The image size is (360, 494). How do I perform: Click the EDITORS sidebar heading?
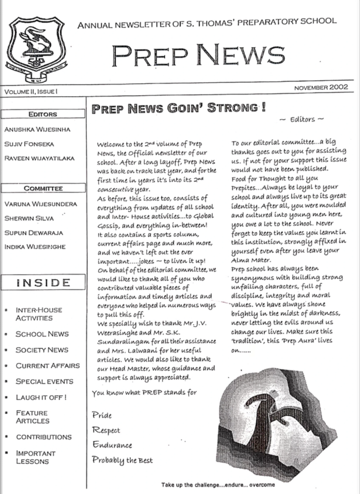[42, 114]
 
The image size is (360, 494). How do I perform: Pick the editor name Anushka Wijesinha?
[37, 130]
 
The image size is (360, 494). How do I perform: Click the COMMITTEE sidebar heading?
[42, 188]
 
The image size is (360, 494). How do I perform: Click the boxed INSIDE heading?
[43, 283]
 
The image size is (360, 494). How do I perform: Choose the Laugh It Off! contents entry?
[41, 397]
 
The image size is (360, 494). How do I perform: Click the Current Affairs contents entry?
[48, 366]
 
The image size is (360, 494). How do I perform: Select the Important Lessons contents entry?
[36, 457]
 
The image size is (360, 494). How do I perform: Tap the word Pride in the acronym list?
[102, 415]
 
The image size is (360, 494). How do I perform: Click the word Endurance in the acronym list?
[111, 445]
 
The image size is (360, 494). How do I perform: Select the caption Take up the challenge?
[218, 485]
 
